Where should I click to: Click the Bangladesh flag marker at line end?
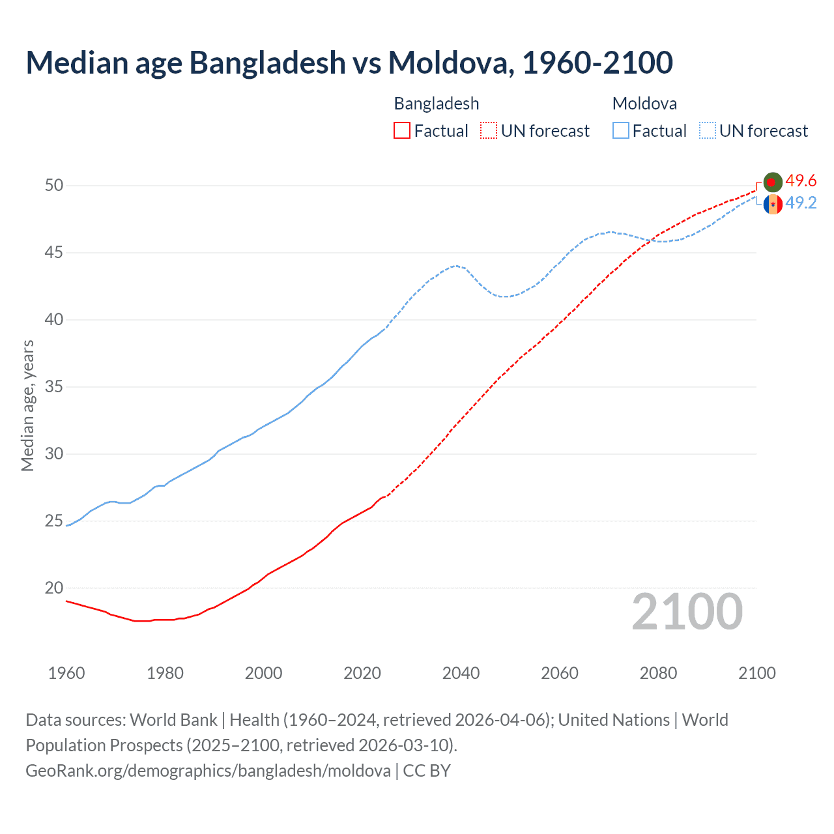(x=773, y=182)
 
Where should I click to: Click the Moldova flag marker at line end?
(x=773, y=204)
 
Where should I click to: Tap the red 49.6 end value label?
(x=801, y=180)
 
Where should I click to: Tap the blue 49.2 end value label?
(x=801, y=203)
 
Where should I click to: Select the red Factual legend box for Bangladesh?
(x=402, y=131)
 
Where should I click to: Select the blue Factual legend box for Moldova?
(x=621, y=131)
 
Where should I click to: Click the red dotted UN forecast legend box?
(x=489, y=131)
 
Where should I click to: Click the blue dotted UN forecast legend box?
(x=708, y=131)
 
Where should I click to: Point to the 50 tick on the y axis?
(x=54, y=185)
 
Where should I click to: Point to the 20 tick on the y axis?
(x=54, y=588)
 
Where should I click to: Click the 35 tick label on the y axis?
(x=54, y=386)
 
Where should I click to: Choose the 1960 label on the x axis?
(x=66, y=673)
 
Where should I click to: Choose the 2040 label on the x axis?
(x=461, y=673)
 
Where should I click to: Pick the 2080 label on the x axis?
(x=658, y=673)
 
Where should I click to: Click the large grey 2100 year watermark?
(x=687, y=611)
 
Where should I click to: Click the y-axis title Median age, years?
(x=27, y=405)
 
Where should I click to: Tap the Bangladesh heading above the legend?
(x=437, y=104)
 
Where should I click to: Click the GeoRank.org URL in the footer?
(x=208, y=771)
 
